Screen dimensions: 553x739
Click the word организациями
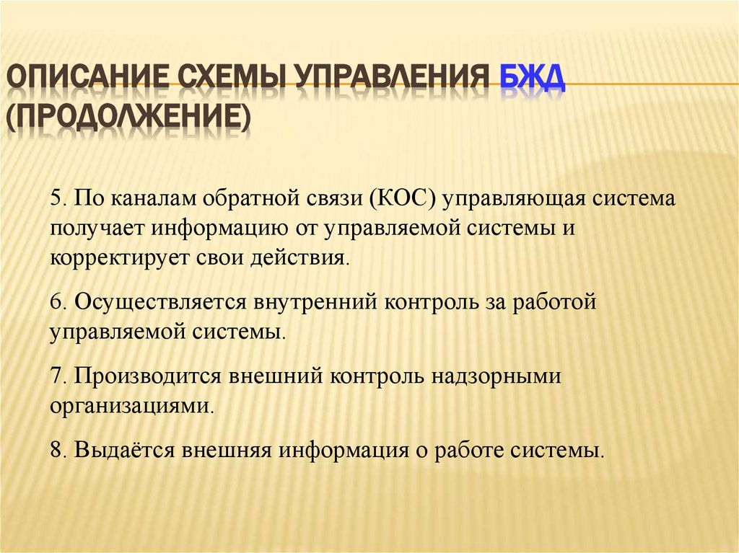pyautogui.click(x=131, y=406)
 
